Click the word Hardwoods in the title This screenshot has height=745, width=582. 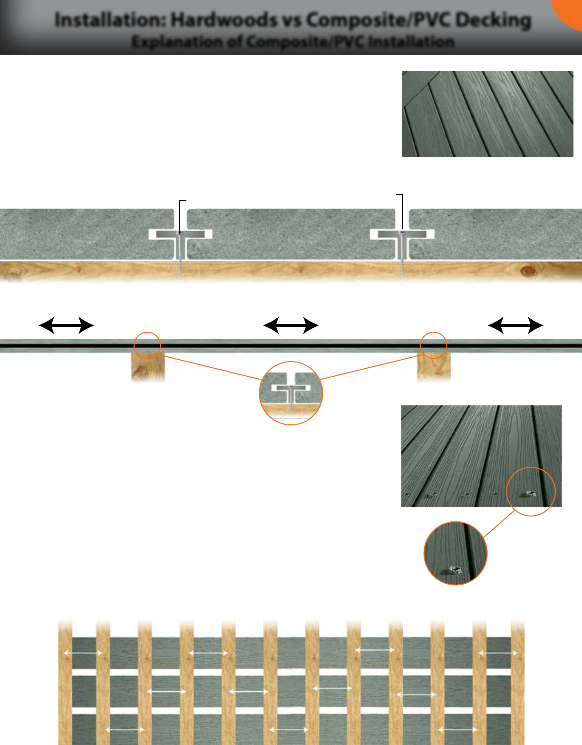pos(224,20)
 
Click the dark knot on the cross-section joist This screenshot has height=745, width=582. pos(528,271)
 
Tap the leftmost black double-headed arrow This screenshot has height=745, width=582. pos(67,325)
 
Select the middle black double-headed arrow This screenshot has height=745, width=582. pos(291,325)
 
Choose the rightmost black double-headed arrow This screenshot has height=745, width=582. pos(515,325)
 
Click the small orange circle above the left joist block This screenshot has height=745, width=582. pos(147,345)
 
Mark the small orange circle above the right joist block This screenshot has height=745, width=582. pos(434,345)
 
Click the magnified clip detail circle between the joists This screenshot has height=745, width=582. pos(291,393)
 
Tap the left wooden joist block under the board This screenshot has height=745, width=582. pos(148,366)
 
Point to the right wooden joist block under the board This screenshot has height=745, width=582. pos(434,366)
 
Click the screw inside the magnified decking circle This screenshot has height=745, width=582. pos(455,570)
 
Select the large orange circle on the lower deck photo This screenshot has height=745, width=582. pos(531,491)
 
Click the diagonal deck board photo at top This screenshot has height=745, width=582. pos(488,114)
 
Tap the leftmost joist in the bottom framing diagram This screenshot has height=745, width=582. pos(65,682)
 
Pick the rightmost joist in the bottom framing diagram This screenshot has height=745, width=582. pos(518,682)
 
